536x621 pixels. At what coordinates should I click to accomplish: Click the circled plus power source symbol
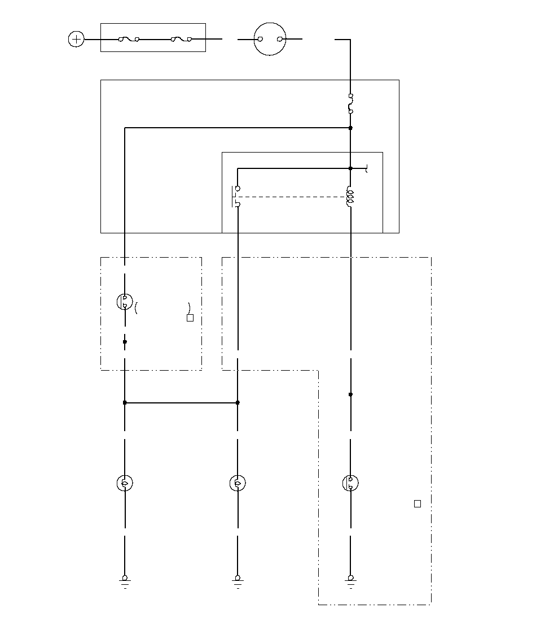tap(76, 40)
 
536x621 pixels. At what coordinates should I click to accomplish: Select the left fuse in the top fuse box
tap(129, 40)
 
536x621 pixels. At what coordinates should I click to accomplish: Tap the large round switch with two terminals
tap(270, 39)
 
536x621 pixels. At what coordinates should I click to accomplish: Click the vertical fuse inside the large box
tap(350, 104)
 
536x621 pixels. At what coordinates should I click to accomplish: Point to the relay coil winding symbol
tap(350, 197)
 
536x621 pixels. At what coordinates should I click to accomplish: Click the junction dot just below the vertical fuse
tap(350, 128)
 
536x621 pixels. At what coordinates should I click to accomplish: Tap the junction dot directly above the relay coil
tap(350, 168)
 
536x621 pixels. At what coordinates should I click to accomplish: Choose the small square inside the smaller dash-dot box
tap(190, 318)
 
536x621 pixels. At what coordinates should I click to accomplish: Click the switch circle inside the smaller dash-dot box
tap(124, 302)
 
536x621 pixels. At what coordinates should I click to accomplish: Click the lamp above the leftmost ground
tap(125, 483)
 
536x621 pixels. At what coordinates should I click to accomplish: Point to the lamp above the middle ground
tap(238, 483)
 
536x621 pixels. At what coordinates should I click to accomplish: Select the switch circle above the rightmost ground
tap(350, 483)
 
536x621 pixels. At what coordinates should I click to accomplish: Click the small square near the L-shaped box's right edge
tap(418, 504)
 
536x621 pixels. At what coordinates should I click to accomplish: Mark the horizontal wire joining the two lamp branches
tap(181, 403)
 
